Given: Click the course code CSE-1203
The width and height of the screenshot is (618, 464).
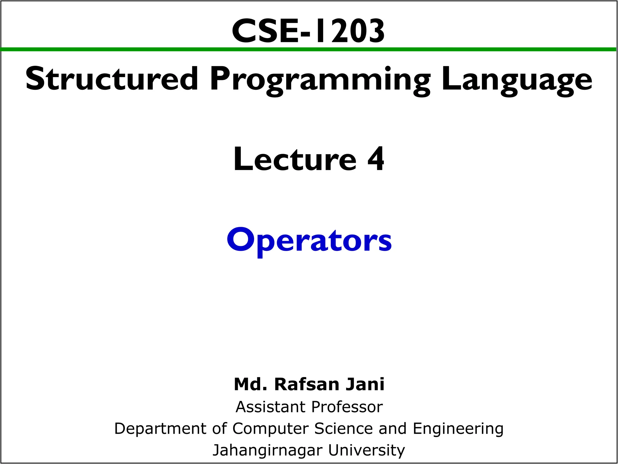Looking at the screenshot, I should coord(308,31).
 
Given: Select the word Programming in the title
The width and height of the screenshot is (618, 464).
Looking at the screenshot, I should coord(320,80).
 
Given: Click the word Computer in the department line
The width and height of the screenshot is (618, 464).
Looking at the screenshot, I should coord(270,429).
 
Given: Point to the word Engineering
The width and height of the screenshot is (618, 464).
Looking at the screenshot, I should coord(458,429).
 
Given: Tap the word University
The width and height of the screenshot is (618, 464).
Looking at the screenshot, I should coord(366,450).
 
